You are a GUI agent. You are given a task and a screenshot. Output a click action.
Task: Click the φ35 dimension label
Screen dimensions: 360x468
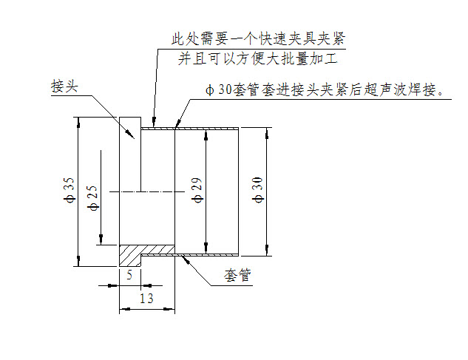pos(69,190)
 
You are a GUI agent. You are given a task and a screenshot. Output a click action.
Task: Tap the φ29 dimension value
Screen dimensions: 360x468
pos(197,191)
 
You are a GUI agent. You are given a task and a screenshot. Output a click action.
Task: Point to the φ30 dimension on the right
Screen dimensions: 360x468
pos(257,190)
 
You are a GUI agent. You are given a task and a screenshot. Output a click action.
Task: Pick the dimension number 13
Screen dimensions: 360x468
pos(146,298)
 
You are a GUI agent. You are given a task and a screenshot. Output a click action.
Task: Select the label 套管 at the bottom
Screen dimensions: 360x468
pos(238,276)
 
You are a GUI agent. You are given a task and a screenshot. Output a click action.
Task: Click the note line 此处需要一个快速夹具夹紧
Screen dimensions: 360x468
pos(259,37)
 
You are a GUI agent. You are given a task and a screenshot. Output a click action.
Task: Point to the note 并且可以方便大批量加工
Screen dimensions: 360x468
pos(259,58)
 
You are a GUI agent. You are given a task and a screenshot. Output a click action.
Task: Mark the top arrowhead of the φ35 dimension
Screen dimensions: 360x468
pos(77,122)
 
